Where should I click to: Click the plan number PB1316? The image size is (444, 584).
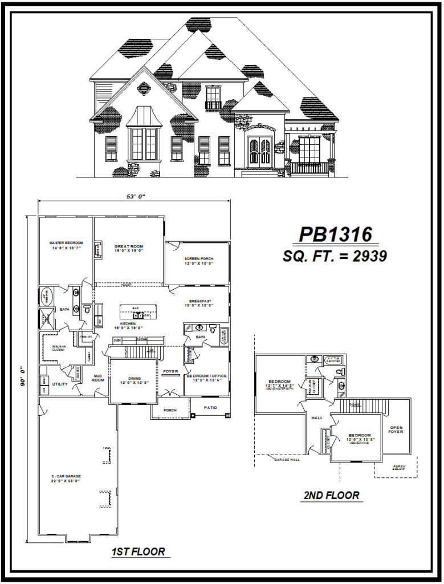pos(336,234)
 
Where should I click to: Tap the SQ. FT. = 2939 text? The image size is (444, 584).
pos(335,256)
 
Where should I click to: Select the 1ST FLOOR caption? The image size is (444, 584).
pos(139,551)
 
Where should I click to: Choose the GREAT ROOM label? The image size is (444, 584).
pos(128,248)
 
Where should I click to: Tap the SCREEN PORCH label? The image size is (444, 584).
pos(198,260)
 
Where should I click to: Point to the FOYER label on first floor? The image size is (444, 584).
pos(170,371)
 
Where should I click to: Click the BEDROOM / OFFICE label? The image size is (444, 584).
pos(207,376)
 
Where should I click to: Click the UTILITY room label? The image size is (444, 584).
pos(60,384)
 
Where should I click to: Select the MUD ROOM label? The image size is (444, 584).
pos(97,378)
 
